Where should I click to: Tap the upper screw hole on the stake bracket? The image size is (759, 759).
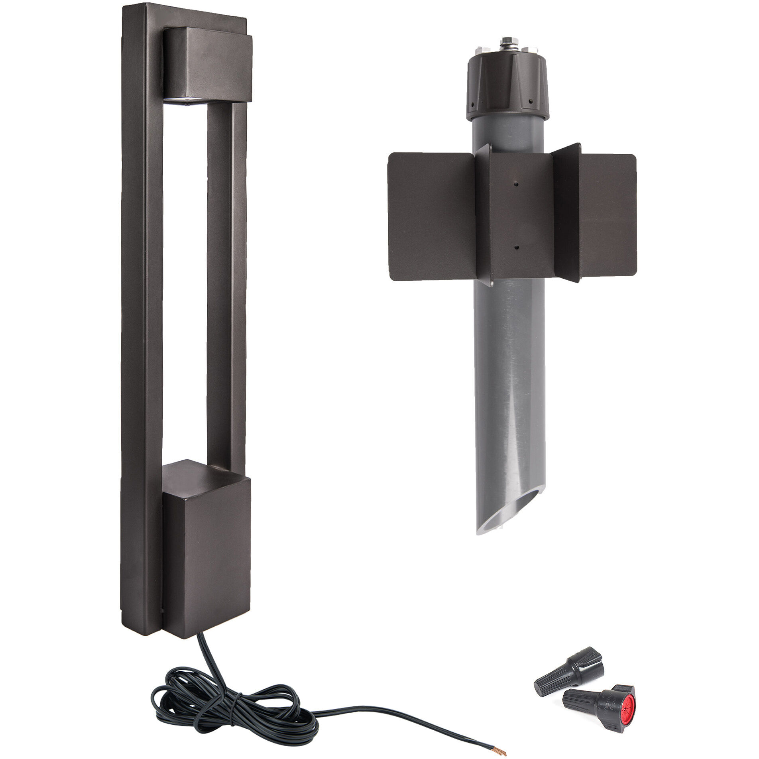(x=517, y=184)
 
